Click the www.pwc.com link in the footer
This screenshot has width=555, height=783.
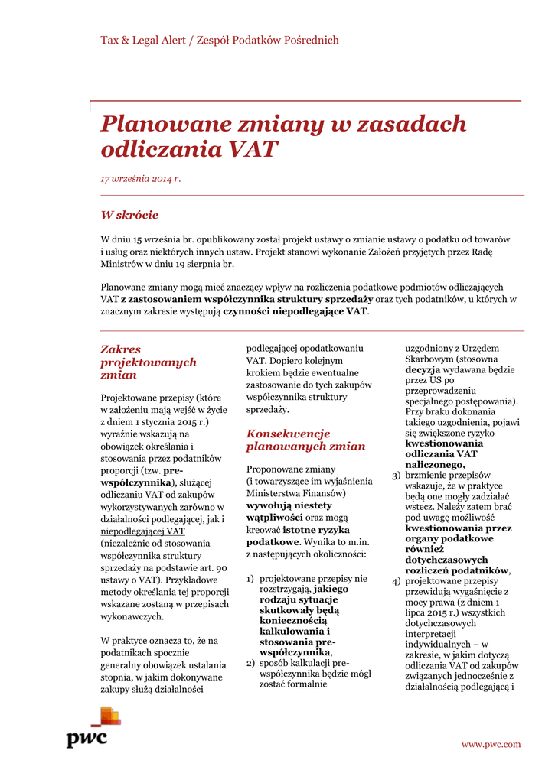point(491,744)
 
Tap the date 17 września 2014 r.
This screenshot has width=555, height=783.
point(140,179)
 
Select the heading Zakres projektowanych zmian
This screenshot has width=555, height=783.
point(149,362)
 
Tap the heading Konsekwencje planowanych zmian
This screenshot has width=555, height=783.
point(295,440)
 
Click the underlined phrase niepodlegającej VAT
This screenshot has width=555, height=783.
point(143,531)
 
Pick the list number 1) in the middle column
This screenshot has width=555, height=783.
point(250,579)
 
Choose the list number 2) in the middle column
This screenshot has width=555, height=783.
point(250,663)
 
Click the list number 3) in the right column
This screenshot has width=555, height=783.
point(397,476)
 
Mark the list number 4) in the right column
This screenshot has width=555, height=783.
point(397,582)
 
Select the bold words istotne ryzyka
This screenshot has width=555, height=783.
point(316,529)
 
